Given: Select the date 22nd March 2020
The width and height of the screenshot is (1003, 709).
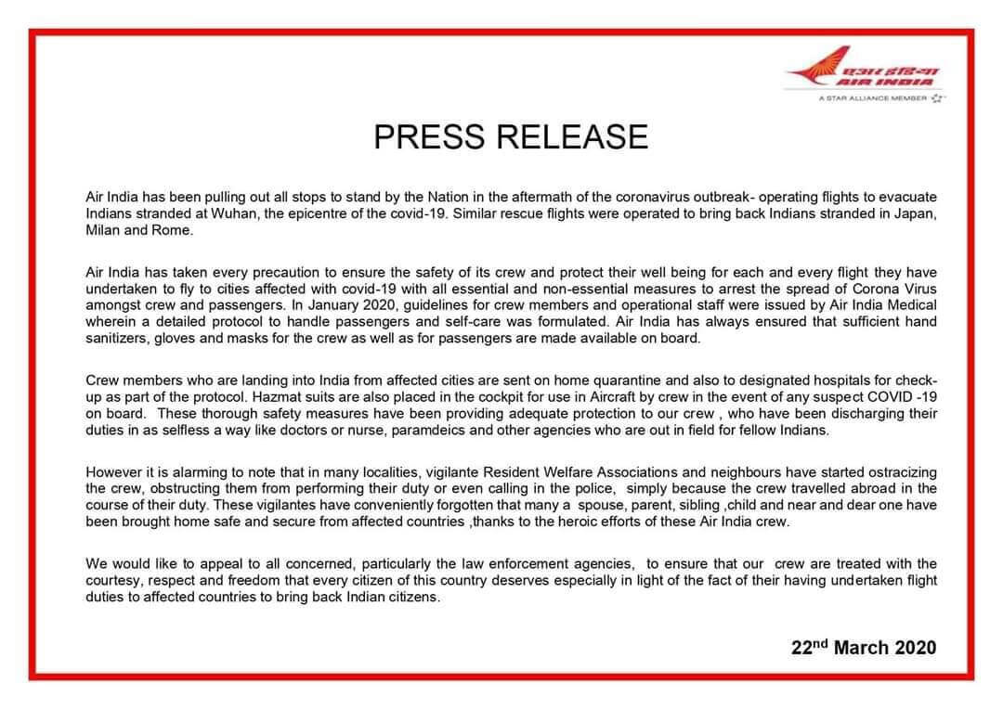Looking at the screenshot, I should click(x=864, y=648).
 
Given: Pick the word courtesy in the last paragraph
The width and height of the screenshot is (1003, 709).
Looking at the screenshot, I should click(x=112, y=581).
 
